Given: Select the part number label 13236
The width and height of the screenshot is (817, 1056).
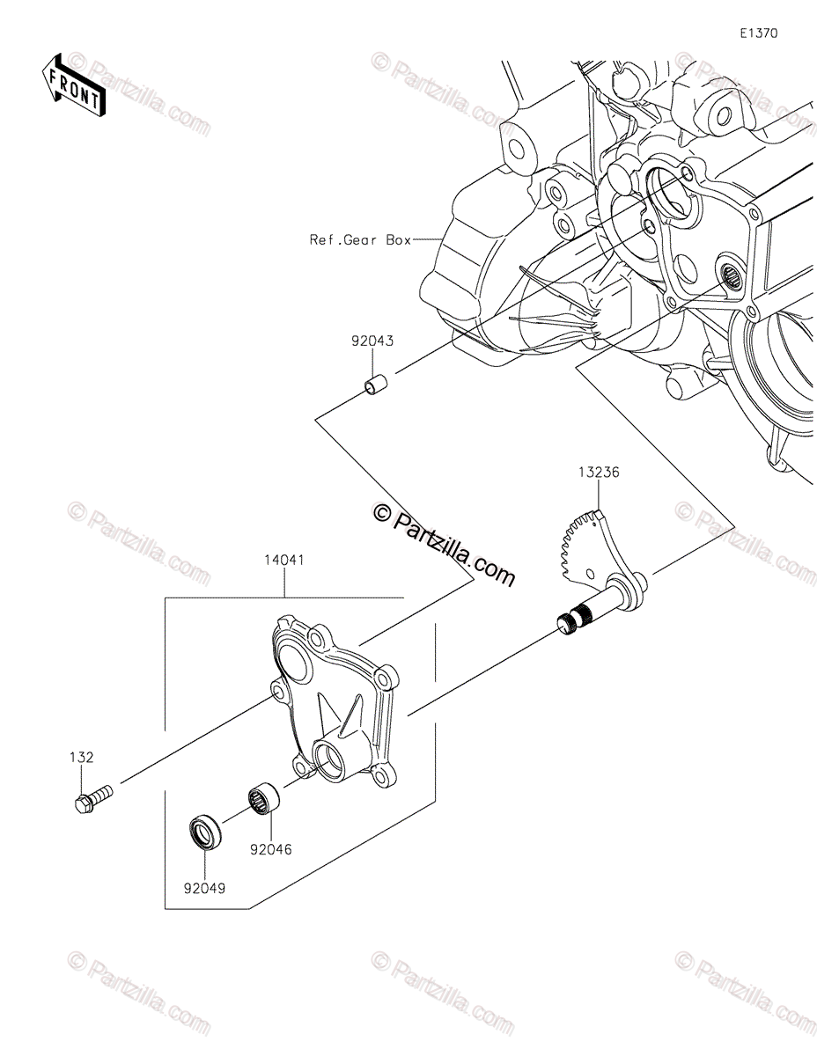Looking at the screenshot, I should click(x=599, y=473).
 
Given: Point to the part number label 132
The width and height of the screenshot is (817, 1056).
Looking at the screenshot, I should click(x=82, y=756).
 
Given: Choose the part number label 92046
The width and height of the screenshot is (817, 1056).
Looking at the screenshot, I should click(x=269, y=850).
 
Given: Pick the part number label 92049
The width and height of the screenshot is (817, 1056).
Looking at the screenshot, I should click(x=204, y=888).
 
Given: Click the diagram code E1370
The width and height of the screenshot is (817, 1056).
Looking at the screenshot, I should click(x=758, y=33).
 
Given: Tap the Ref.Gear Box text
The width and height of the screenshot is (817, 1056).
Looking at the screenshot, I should click(x=360, y=239).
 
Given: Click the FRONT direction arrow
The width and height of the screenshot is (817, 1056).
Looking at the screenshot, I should click(x=75, y=86).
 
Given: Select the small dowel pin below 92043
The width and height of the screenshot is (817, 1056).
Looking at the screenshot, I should click(x=376, y=386).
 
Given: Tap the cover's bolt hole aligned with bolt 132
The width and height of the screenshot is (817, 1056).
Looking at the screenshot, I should click(x=278, y=696).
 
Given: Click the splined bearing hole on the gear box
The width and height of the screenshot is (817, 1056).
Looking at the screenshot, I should click(x=730, y=277).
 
